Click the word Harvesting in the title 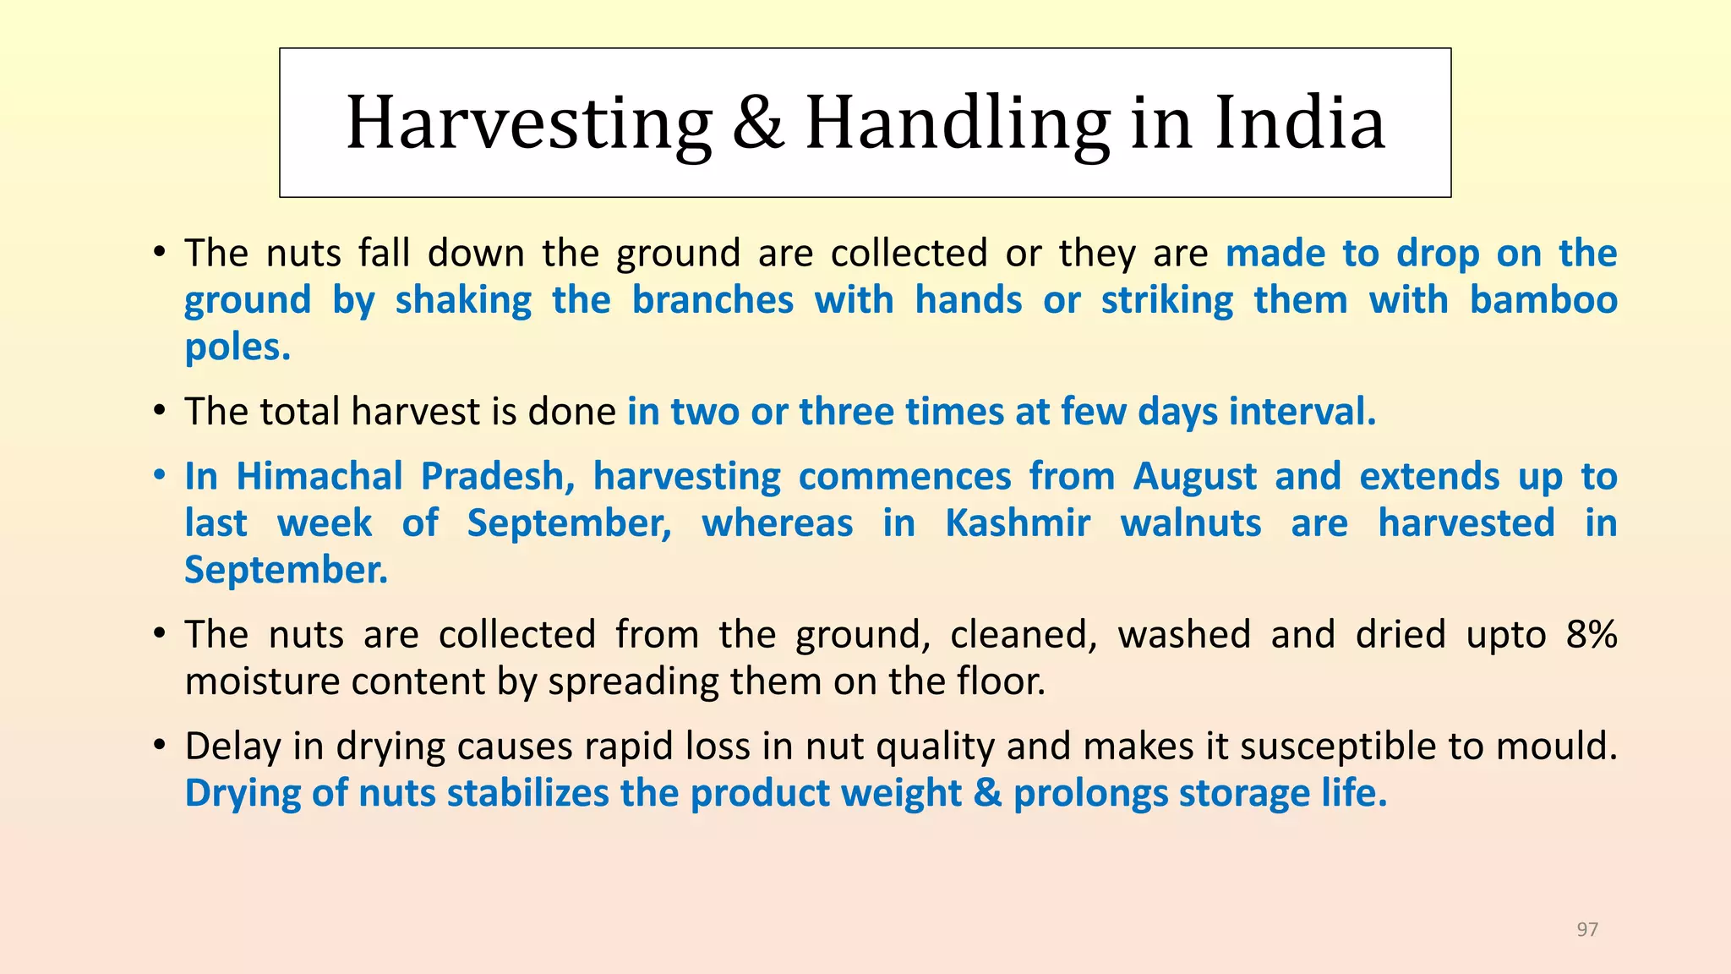[530, 124]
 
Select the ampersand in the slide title [758, 123]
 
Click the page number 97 [1587, 929]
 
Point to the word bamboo [1543, 299]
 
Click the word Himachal [319, 476]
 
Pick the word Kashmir [1018, 523]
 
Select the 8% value [1592, 634]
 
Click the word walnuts [1191, 523]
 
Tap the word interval [1302, 412]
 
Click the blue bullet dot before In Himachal [160, 476]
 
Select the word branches [713, 299]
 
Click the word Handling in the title [958, 124]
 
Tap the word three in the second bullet [847, 412]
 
